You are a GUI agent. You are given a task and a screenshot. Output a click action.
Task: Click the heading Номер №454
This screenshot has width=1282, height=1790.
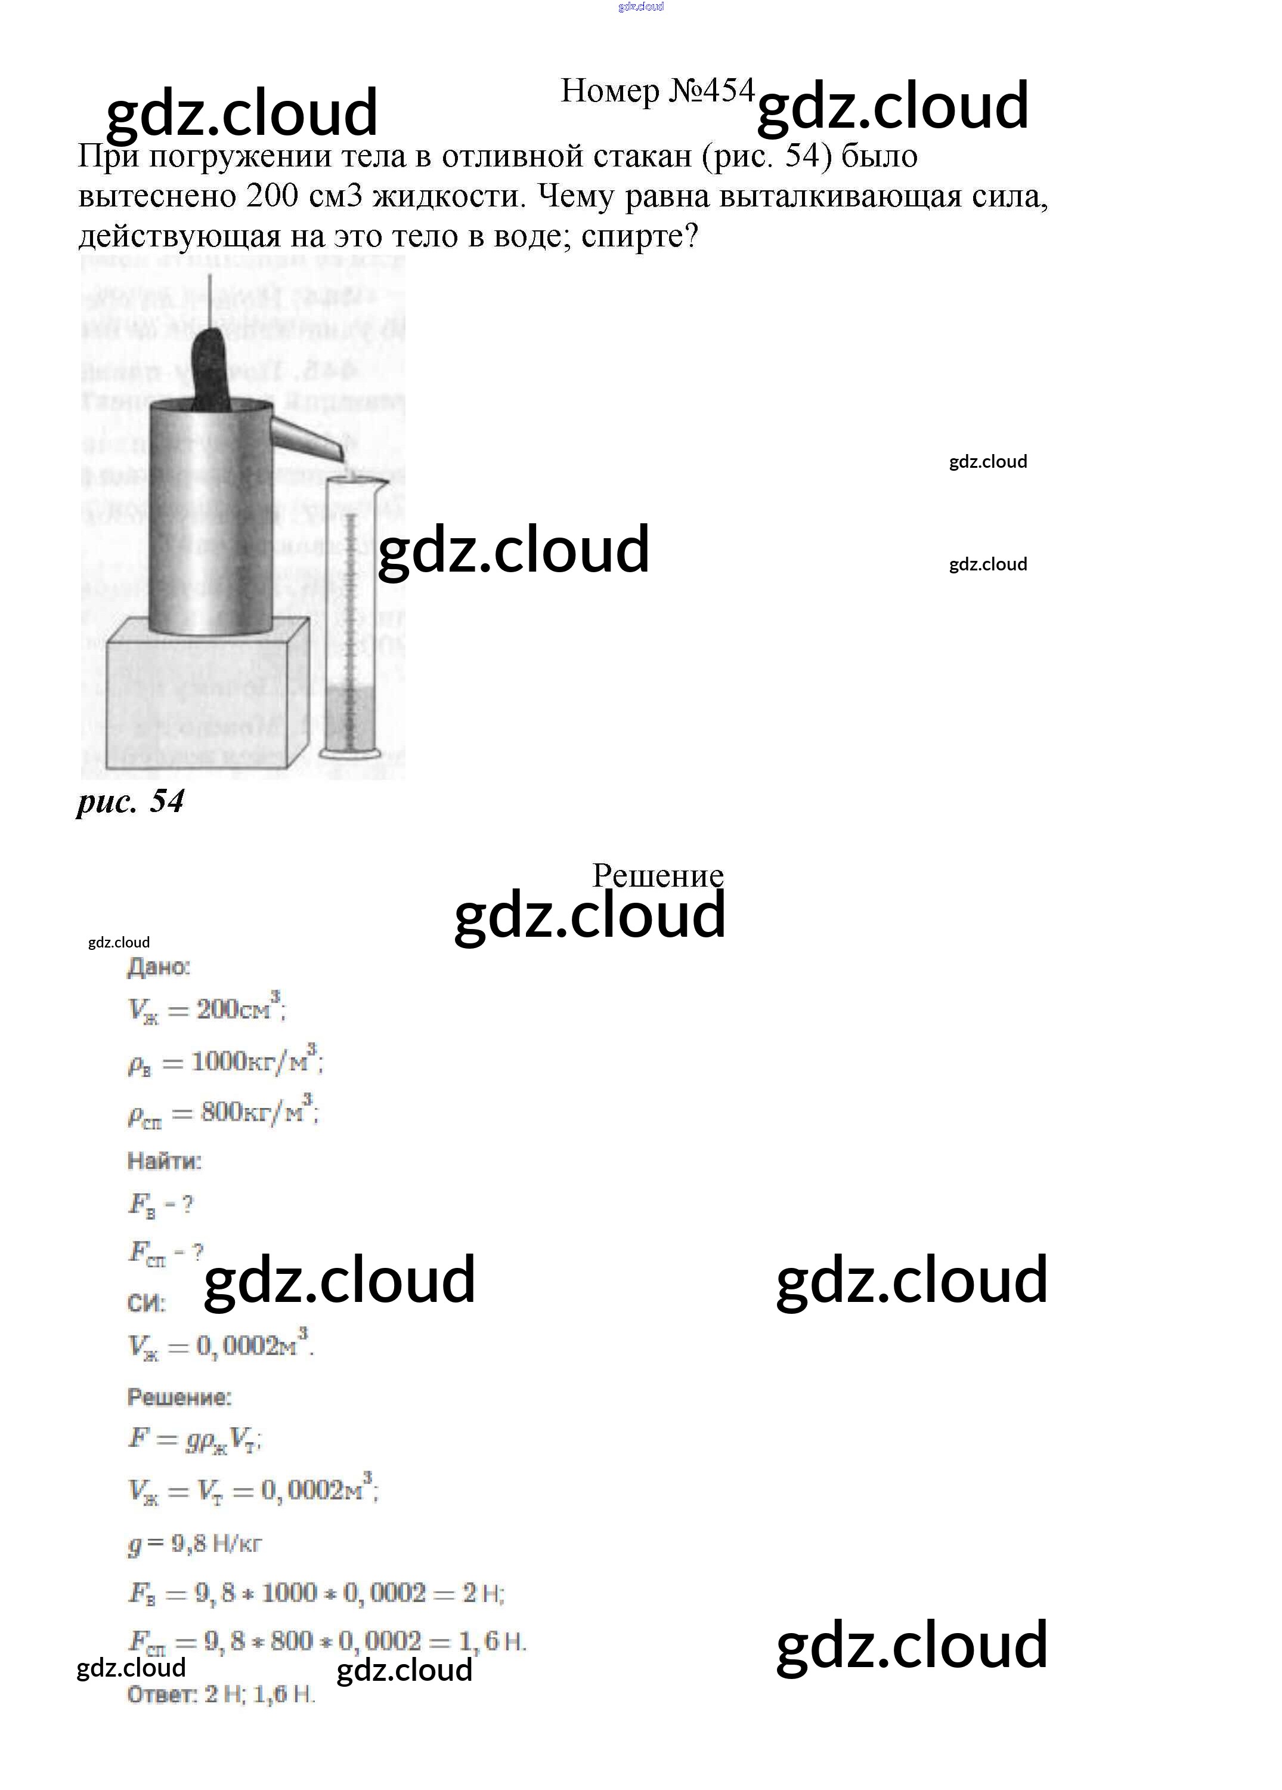tap(657, 91)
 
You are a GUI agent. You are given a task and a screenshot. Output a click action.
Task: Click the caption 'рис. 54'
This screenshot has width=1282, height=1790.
tap(130, 801)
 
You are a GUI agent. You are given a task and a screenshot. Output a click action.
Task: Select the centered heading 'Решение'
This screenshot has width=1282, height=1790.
tap(658, 875)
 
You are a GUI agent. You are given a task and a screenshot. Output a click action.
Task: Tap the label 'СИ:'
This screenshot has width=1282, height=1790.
tap(146, 1303)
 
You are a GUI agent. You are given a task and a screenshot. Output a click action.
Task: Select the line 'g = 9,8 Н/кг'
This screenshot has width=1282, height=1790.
tap(194, 1544)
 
